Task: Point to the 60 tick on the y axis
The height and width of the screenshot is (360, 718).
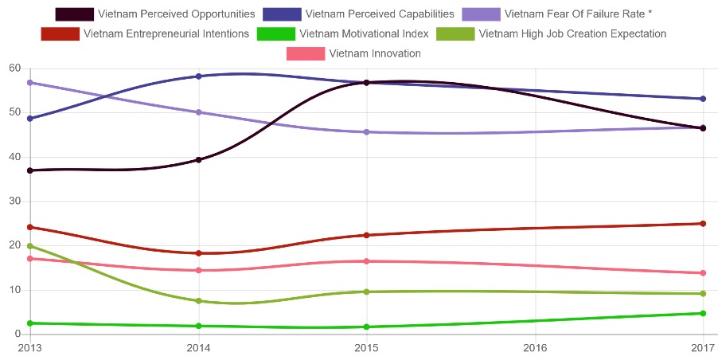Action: click(14, 68)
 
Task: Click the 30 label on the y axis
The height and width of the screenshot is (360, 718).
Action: click(14, 202)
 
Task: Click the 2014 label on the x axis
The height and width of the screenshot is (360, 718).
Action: click(198, 348)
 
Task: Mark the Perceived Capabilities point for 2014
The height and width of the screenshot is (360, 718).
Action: click(198, 76)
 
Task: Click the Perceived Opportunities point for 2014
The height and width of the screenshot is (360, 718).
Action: click(198, 160)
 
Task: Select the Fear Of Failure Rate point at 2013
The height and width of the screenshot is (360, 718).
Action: click(30, 83)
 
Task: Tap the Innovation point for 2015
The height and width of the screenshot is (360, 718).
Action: click(366, 261)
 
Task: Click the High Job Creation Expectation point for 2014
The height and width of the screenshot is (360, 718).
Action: click(198, 301)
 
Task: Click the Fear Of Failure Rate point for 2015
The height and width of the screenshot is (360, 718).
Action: click(366, 132)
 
